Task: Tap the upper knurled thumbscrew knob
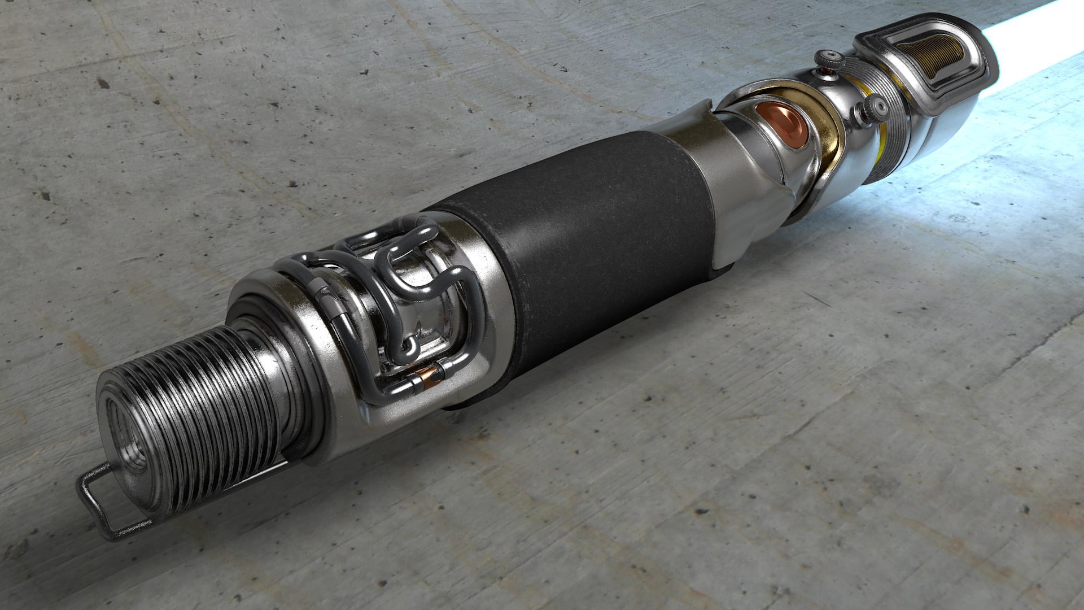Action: pyautogui.click(x=828, y=59)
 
